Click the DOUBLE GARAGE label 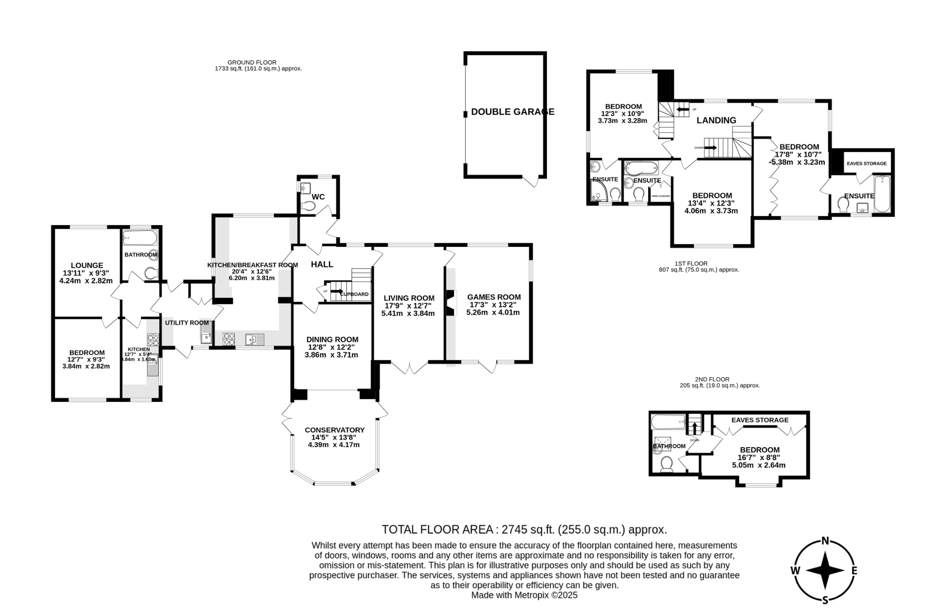pos(512,111)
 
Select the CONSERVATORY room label pos(334,430)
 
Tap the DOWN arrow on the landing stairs pos(710,148)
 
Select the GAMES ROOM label pos(494,297)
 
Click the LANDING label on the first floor pos(716,120)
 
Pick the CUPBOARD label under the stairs pos(354,294)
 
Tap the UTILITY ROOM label pos(187,322)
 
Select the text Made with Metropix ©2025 pos(524,595)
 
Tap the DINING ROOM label pos(333,339)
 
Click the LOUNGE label pos(87,265)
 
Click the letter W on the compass pos(795,571)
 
